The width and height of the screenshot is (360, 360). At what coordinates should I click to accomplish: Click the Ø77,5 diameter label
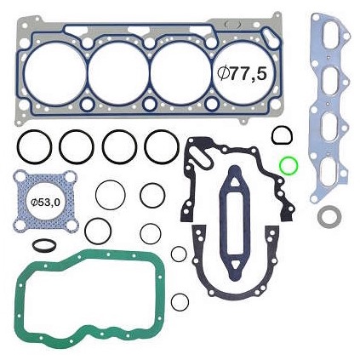(242, 74)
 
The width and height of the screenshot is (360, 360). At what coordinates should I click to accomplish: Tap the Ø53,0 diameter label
(45, 203)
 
